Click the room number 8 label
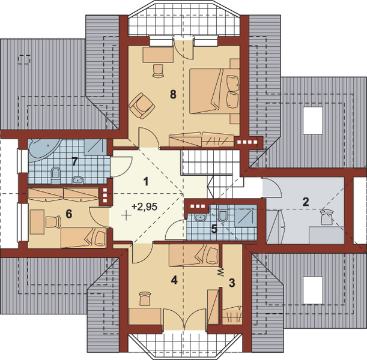[x=173, y=94]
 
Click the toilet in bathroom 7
[x=55, y=175]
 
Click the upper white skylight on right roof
[x=313, y=121]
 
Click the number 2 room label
[x=306, y=202]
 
